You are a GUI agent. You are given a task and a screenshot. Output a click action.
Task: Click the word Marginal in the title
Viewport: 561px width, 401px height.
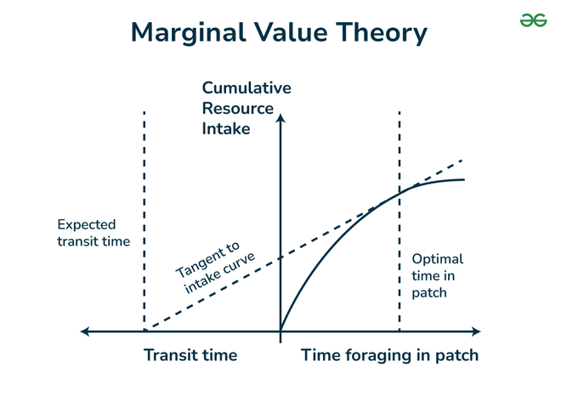[188, 33]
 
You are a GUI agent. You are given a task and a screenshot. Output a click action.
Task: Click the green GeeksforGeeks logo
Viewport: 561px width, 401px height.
[533, 20]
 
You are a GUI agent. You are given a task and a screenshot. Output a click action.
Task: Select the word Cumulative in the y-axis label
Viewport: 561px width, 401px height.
[246, 88]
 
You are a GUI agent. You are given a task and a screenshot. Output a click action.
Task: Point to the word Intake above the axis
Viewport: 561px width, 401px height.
[226, 129]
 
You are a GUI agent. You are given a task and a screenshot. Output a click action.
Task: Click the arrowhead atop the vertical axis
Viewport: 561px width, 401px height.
[280, 118]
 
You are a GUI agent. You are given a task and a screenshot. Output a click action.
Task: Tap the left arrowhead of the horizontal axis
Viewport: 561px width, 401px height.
[84, 331]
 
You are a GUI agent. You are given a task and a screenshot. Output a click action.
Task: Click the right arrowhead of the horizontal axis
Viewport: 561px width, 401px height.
[476, 331]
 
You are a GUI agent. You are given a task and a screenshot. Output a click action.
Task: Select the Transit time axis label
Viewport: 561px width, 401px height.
[190, 355]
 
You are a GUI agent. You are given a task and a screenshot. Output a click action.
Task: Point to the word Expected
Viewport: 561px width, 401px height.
[87, 225]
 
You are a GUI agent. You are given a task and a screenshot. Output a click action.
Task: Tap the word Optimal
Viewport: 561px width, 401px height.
[437, 259]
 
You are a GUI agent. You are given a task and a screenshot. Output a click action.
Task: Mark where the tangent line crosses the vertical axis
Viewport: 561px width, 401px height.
[280, 257]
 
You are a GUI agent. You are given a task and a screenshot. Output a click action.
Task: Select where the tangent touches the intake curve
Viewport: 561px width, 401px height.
[399, 194]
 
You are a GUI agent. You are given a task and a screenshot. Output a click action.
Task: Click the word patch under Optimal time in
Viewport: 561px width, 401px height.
[429, 293]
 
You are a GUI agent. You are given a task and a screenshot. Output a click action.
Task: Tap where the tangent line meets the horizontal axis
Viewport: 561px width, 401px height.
[144, 330]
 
